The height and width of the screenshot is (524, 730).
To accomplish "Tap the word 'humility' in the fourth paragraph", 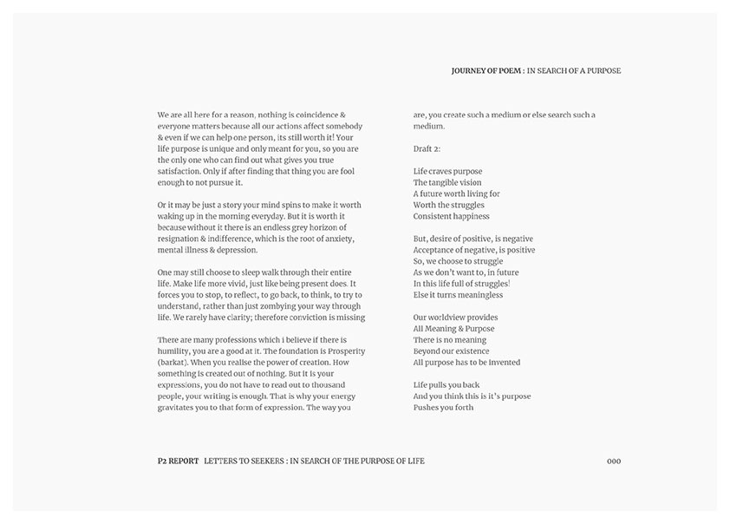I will (x=176, y=350).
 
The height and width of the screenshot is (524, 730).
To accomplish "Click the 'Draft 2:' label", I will (x=427, y=149).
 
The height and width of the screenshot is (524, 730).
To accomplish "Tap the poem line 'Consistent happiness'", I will (x=451, y=216).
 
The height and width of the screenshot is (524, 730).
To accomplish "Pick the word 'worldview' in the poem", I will (x=448, y=318).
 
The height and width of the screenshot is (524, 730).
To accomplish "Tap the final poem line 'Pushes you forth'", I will (x=443, y=407).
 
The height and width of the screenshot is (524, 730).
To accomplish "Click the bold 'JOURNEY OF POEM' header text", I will (x=486, y=70).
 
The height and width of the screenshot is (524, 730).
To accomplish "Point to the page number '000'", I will (x=614, y=461).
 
